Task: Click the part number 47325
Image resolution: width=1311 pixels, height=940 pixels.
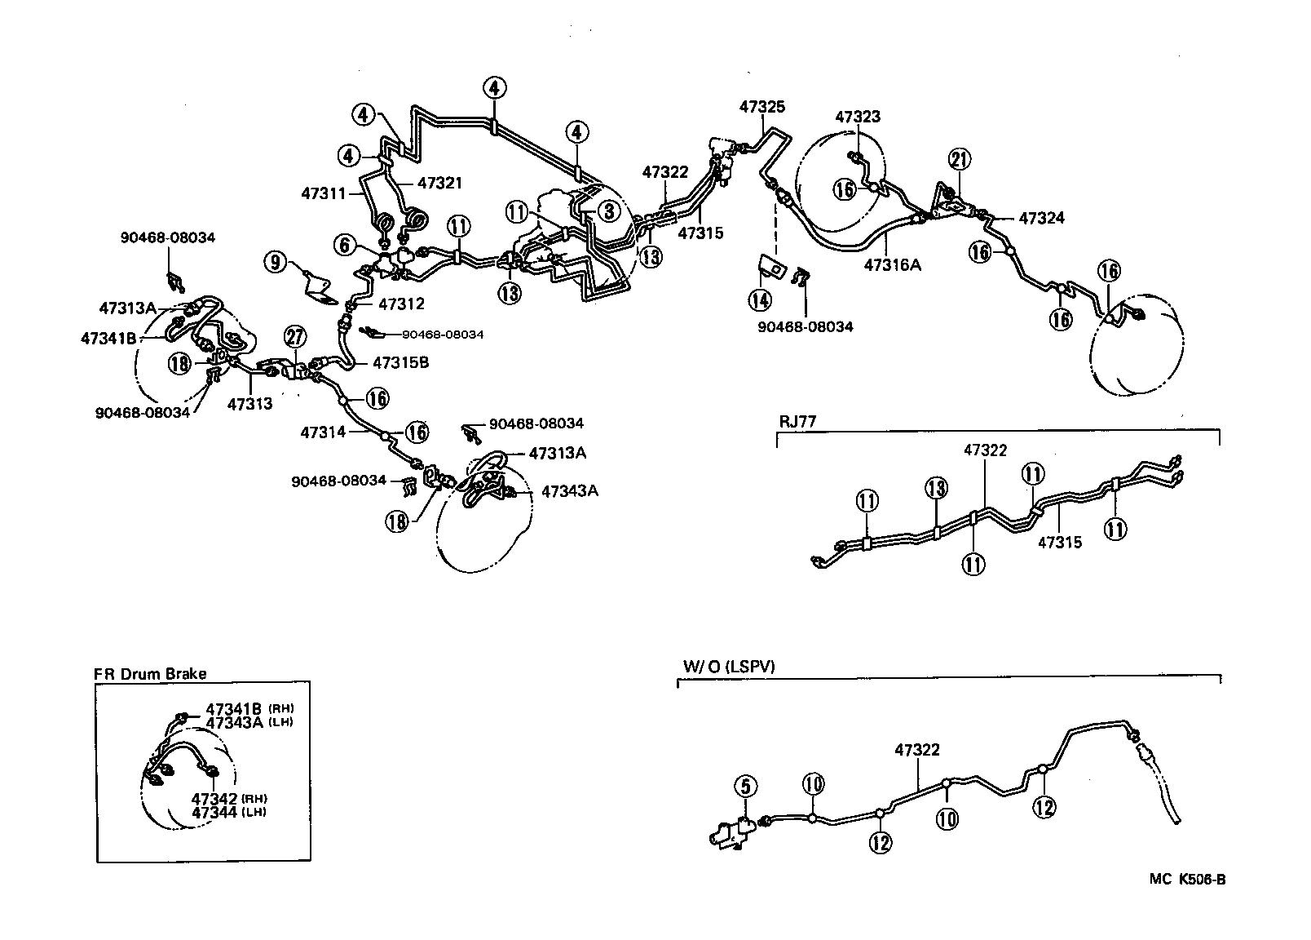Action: (x=762, y=106)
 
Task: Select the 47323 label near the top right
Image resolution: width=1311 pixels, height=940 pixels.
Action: (x=858, y=117)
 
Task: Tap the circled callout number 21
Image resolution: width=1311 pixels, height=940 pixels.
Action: (x=959, y=160)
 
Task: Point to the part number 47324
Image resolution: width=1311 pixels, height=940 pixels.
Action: (x=1042, y=218)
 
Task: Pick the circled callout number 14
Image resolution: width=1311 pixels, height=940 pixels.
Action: (x=760, y=299)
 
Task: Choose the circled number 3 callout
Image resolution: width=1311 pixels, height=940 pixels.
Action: (x=607, y=211)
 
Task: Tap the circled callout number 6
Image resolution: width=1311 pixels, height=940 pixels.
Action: (x=345, y=243)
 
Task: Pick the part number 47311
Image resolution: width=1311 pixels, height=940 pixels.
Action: (x=324, y=193)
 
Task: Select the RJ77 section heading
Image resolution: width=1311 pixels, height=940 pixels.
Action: (x=797, y=422)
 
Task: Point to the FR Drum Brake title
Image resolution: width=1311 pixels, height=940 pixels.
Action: (x=151, y=674)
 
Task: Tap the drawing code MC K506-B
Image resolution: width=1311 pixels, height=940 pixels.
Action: (x=1188, y=879)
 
